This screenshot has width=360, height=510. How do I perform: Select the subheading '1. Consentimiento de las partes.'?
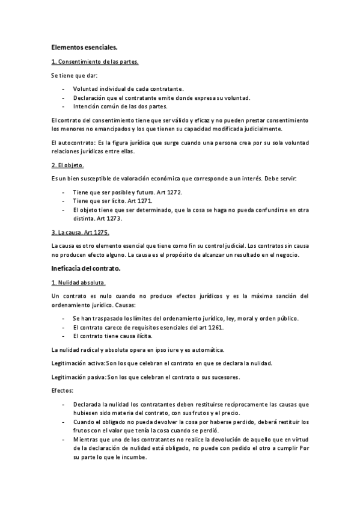95,61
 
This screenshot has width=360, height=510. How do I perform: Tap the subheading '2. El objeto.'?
68,165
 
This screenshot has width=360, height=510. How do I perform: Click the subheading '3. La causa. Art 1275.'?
81,232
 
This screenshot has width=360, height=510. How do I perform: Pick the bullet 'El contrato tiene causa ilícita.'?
118,336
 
